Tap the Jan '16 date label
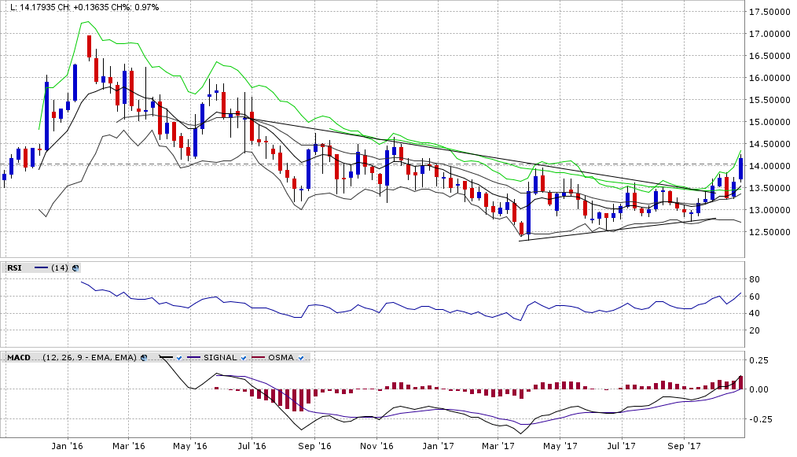[x=67, y=445]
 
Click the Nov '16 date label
[x=376, y=445]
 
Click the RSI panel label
[x=14, y=268]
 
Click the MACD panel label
[x=18, y=358]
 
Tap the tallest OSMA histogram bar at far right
[x=740, y=382]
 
